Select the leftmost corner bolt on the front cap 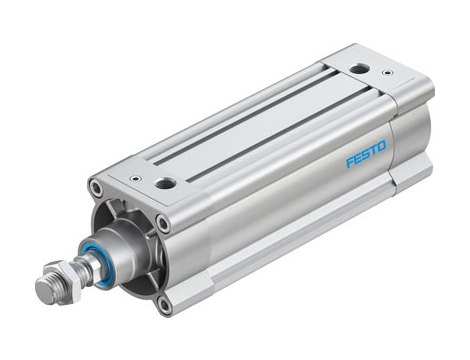tap(94, 187)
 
